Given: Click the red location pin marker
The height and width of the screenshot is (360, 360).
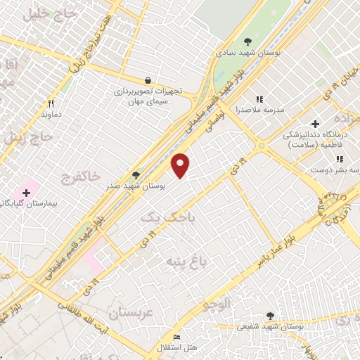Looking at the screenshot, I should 181,165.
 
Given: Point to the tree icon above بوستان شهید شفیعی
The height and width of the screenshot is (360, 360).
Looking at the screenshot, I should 271,316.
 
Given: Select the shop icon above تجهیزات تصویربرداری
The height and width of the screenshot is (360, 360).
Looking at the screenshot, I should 147,81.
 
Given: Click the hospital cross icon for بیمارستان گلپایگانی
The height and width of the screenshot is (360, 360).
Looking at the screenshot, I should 26,192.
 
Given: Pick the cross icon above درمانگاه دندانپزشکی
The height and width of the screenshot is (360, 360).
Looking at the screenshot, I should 315,124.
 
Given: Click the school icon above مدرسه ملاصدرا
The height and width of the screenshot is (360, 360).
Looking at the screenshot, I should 259,99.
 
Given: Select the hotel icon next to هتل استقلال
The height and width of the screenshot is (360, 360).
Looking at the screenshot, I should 176,338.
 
